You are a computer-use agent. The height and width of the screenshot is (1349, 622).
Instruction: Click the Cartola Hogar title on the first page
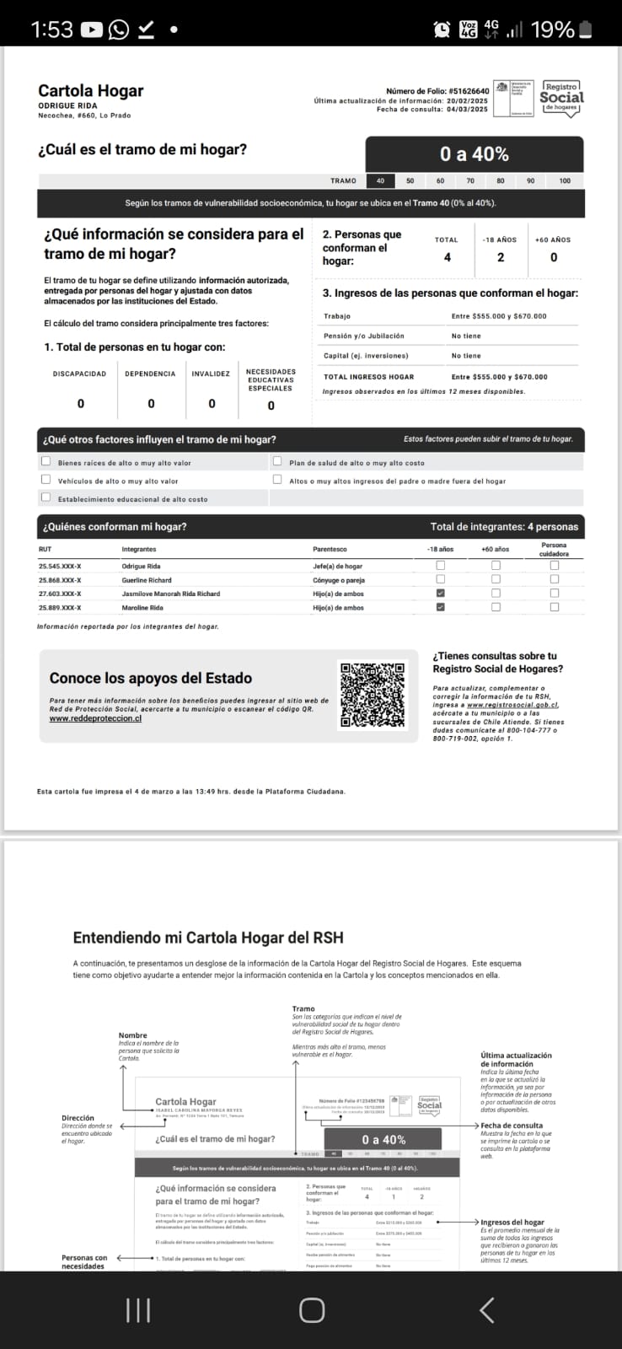point(91,91)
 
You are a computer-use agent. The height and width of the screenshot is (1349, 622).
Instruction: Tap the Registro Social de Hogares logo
point(561,98)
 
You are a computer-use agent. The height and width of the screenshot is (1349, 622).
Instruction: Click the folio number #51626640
point(469,91)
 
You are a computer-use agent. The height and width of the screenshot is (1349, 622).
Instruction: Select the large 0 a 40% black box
point(474,154)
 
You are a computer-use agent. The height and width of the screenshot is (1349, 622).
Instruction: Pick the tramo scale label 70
point(470,180)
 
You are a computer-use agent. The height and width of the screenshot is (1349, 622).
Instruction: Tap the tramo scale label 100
point(565,180)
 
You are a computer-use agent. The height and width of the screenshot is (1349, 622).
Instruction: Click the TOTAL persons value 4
point(448,257)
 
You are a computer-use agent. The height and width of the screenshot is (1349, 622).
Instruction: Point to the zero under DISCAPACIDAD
point(81,404)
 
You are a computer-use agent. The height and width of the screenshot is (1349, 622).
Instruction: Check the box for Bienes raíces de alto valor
point(46,462)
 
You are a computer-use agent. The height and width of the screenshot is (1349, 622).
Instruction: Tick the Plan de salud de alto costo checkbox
point(277,462)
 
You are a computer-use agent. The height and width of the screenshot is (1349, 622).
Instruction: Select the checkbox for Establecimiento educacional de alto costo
point(46,498)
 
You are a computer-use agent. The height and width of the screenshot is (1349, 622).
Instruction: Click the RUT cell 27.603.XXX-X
point(60,594)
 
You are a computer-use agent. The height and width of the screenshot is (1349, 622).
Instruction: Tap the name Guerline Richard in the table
point(147,580)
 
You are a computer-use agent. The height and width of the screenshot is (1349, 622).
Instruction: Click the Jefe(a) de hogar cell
point(337,567)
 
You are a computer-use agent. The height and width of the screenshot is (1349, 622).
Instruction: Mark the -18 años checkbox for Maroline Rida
point(440,607)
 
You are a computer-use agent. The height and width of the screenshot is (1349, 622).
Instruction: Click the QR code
point(373,696)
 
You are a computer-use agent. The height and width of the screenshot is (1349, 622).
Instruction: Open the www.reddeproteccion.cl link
point(95,718)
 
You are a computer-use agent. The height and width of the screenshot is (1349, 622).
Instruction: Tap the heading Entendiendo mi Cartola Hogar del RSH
point(208,937)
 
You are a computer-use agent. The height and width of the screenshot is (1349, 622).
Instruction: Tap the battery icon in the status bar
point(586,30)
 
